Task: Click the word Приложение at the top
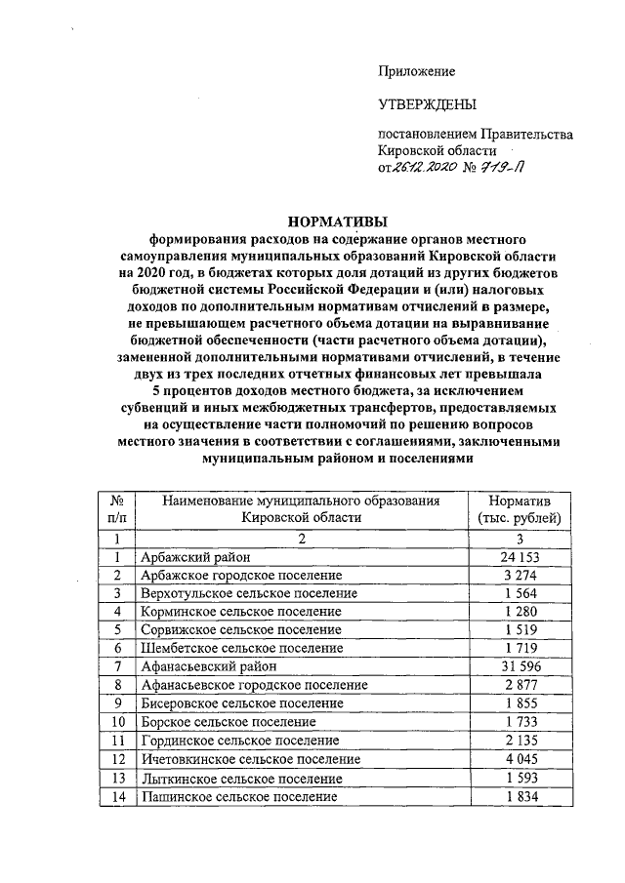[417, 71]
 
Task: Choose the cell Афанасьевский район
[208, 666]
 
